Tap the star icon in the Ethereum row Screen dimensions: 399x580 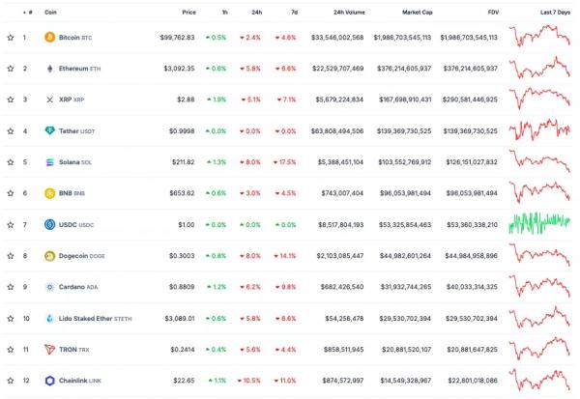pos(11,69)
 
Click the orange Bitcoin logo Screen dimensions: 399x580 pos(50,38)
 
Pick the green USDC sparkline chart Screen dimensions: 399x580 pos(544,224)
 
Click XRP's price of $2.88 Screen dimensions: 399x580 pos(185,100)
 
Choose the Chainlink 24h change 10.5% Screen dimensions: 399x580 pos(250,381)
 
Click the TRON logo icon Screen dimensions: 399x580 pos(50,350)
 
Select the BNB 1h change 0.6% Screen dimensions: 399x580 pos(216,193)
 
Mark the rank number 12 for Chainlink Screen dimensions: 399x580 pos(26,381)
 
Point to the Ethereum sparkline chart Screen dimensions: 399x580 pos(544,69)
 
